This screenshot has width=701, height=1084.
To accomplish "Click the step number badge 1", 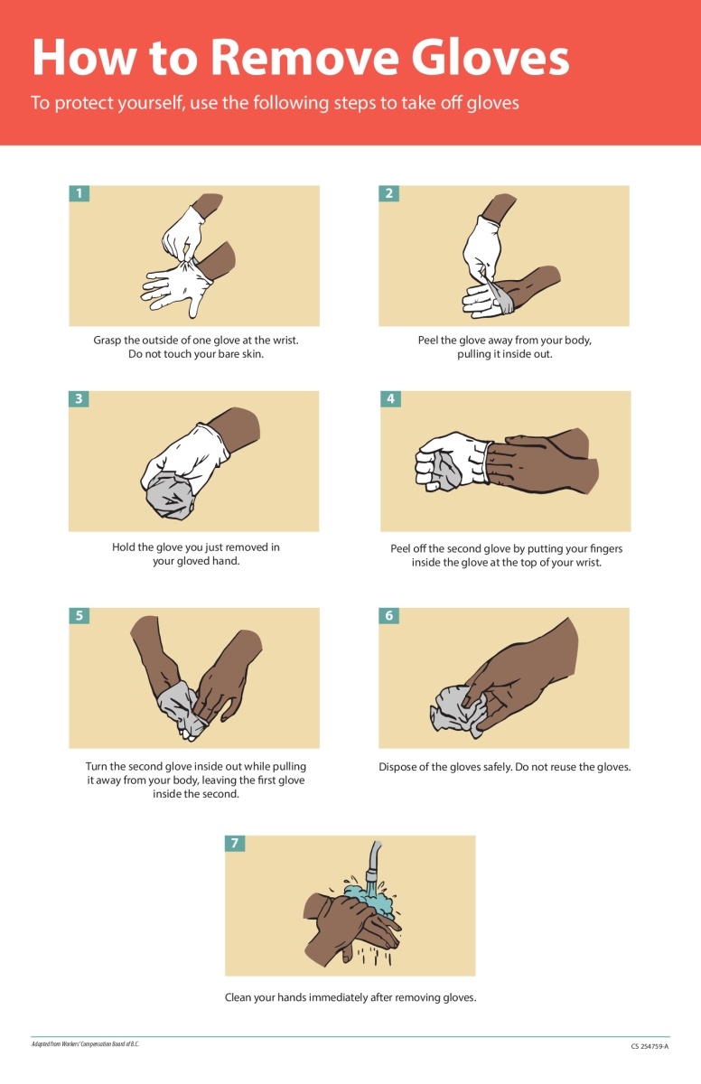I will [79, 193].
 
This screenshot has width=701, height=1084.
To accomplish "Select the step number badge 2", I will [388, 193].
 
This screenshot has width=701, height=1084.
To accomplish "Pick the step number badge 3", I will [79, 398].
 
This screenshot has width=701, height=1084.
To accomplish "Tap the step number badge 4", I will [389, 398].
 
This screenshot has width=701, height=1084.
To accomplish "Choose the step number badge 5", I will [79, 615].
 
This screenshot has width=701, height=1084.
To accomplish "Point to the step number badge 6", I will [389, 615].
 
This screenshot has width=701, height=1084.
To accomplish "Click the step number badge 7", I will [235, 843].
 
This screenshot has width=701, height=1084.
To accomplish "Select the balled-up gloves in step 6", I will [457, 707].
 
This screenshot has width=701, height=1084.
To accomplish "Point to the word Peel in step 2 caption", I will [429, 341].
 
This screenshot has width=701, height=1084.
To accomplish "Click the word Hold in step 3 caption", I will [125, 547].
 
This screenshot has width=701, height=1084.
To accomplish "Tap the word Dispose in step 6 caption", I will [400, 768].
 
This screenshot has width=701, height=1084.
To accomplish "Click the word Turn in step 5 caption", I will [98, 767].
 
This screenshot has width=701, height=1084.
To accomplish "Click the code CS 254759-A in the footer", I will [650, 1046].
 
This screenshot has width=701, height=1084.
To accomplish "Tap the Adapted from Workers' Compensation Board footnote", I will [85, 1044].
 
